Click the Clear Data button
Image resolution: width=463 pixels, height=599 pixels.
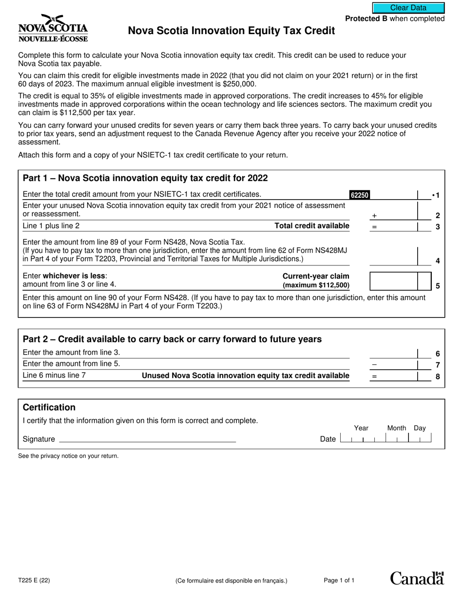click(x=408, y=8)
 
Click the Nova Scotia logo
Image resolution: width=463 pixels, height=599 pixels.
click(x=53, y=28)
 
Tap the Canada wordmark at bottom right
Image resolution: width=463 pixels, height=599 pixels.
click(x=417, y=578)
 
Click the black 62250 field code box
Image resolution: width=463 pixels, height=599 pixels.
click(x=360, y=195)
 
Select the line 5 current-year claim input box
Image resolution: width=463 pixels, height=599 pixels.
click(x=393, y=281)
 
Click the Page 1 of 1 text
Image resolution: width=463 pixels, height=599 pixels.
click(x=339, y=580)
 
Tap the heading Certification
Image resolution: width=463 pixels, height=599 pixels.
click(x=49, y=407)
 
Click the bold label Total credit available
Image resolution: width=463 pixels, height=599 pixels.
click(x=312, y=225)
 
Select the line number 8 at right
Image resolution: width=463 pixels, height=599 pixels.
click(x=437, y=376)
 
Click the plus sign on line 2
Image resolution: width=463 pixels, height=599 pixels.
click(x=374, y=215)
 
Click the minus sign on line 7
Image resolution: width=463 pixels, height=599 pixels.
click(x=374, y=364)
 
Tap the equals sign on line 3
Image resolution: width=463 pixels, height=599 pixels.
click(x=374, y=226)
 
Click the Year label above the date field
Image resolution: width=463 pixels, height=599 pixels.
click(x=361, y=428)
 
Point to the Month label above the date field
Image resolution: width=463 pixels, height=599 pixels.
click(x=396, y=428)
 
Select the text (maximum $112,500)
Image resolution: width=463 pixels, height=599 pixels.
click(x=316, y=285)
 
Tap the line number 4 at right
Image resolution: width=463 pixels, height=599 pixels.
click(x=437, y=261)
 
